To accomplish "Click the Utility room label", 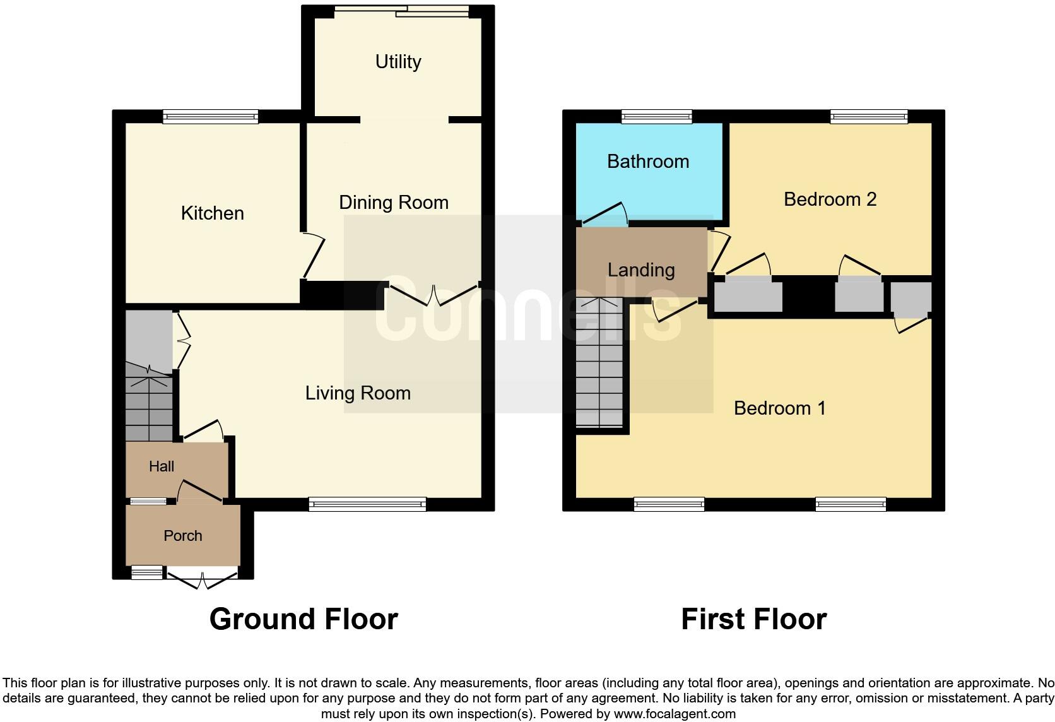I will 398,62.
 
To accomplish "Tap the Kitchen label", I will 212,213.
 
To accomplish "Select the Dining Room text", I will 394,203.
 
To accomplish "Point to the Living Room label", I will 358,393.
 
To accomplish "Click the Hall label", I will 162,466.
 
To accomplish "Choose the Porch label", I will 183,536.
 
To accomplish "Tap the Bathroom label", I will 647,162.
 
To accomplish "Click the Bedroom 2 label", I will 830,199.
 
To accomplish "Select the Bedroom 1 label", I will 779,408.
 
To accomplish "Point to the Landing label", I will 641,270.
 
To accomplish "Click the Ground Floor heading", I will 304,619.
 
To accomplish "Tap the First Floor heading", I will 753,619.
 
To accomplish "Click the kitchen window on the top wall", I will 211,116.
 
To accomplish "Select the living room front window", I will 367,504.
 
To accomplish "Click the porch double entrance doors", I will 202,578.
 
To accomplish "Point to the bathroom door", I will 604,215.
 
